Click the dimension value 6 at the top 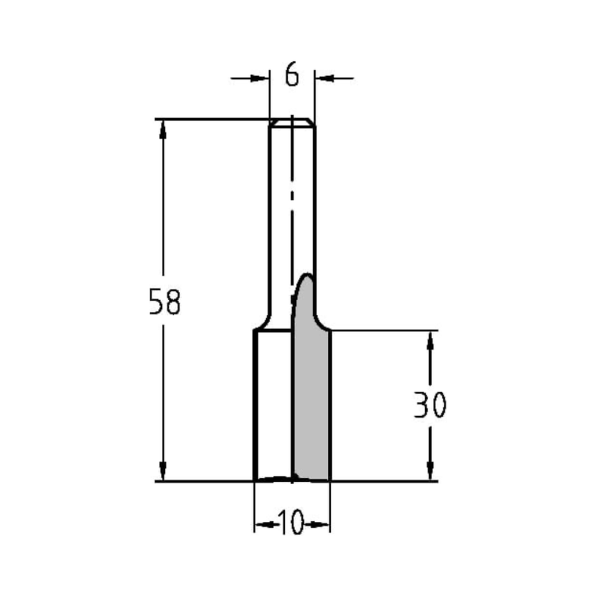tap(291, 76)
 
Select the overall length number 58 tap(164, 302)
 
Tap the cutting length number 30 tap(430, 406)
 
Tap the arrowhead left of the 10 tap(263, 525)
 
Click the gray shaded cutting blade tap(312, 406)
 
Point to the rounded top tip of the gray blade tap(307, 276)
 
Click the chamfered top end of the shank tap(292, 122)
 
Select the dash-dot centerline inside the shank tap(291, 197)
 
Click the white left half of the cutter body tap(273, 406)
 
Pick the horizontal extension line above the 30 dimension tap(382, 330)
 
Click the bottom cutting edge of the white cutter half tap(273, 479)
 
